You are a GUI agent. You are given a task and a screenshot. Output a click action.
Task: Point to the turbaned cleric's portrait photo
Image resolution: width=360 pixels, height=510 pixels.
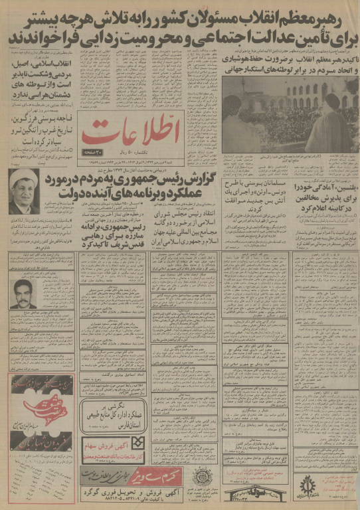(24, 191)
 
